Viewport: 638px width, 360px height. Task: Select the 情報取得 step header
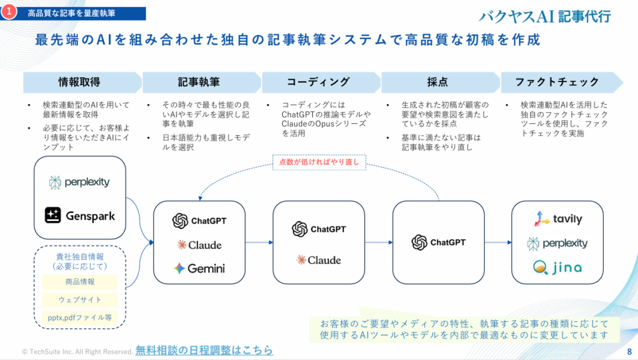coord(79,82)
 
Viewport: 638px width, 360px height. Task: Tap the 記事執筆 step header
coord(199,82)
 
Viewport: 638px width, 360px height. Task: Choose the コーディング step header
coord(318,82)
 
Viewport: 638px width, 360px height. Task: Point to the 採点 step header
coord(438,82)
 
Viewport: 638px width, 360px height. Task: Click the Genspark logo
coord(80,216)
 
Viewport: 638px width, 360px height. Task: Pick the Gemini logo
coord(199,268)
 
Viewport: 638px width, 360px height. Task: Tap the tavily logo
coord(558,219)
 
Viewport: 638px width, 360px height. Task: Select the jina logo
coord(558,268)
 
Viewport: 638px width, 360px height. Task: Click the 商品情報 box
coord(80,282)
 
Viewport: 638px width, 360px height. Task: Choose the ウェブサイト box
coord(80,300)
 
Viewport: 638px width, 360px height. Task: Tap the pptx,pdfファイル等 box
coord(80,317)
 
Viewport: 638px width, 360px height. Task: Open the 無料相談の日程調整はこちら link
coord(204,351)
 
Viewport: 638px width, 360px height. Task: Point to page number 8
coord(629,351)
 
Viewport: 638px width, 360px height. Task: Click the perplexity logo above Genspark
coord(80,182)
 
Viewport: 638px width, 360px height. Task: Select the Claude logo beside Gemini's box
coord(199,245)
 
